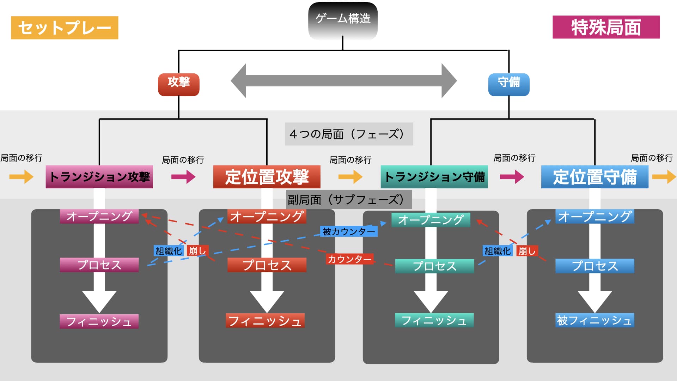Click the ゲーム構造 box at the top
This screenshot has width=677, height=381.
pos(343,19)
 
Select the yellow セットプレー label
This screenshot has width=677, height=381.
pos(65,28)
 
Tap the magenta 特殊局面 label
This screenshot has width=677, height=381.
pos(606,27)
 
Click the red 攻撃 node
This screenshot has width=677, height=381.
pos(178,84)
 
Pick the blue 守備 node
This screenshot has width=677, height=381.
pos(508,84)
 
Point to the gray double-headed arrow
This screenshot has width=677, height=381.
pos(344,81)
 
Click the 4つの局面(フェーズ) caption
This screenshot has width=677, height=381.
pos(349,134)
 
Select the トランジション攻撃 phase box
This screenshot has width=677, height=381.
pos(99,177)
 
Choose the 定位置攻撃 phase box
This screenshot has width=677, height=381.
pos(267,177)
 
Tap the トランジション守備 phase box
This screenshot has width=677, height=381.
pos(434,177)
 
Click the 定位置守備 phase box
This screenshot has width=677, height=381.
pos(594,177)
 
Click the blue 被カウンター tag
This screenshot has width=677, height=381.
pos(349,231)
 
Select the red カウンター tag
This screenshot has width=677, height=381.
pos(349,259)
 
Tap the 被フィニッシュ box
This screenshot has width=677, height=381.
pos(594,320)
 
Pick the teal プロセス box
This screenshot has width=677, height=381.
pos(434,266)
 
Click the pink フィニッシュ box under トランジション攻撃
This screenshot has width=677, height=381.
pos(99,321)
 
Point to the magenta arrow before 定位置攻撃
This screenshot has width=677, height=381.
pos(183,177)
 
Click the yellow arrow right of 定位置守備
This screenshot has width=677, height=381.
pos(664,177)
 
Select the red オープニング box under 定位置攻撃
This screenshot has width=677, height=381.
pos(267,216)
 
